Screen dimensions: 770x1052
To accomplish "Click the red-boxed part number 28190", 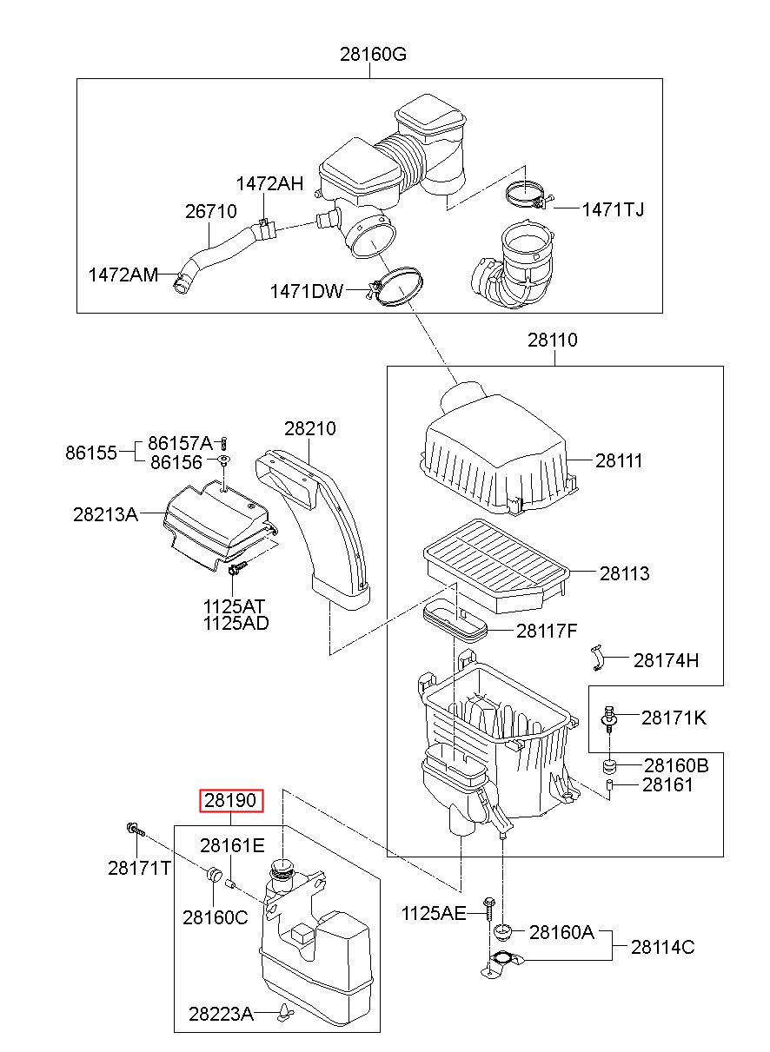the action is click(x=230, y=800).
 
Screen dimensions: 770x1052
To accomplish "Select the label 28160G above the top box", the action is click(x=373, y=55).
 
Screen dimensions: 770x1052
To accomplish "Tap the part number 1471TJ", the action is click(x=613, y=209).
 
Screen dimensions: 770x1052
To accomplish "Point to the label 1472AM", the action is click(x=123, y=275).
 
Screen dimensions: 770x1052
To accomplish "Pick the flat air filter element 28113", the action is click(x=495, y=566).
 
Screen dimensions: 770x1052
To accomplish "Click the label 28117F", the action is click(x=547, y=632).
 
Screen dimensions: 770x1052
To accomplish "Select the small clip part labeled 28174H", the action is click(x=597, y=658).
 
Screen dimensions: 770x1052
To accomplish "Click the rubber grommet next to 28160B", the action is click(x=609, y=766).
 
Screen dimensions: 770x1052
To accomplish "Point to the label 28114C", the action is click(x=662, y=948).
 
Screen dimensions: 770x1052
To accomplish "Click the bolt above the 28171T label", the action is click(x=135, y=830).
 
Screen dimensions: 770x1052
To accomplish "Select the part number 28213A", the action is click(x=106, y=514).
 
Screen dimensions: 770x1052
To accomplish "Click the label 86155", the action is click(x=90, y=453).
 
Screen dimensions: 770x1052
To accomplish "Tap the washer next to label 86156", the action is click(x=225, y=459).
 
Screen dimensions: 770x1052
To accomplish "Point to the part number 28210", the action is click(x=310, y=428).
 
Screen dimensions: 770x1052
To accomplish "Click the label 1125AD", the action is click(x=236, y=623).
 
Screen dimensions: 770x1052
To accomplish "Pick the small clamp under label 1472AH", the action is click(x=264, y=228).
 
